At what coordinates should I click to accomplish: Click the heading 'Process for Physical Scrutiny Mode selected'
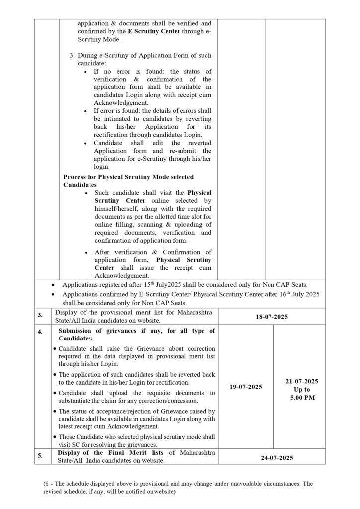[x=128, y=177]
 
